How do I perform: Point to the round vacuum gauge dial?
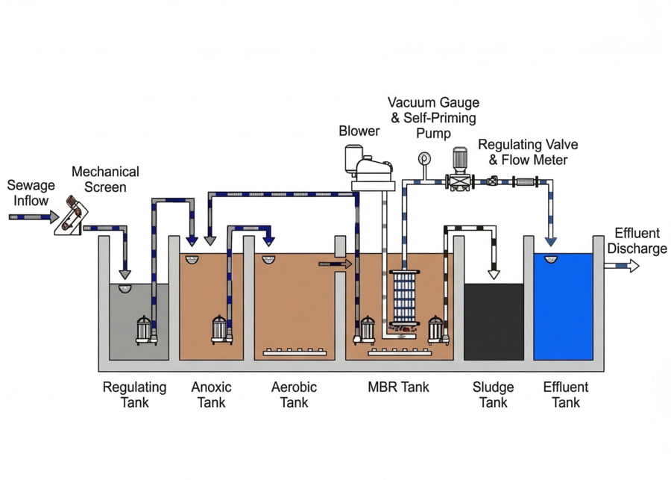click(425, 158)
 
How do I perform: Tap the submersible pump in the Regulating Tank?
click(144, 329)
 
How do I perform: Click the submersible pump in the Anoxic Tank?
click(218, 329)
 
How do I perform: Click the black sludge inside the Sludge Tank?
click(494, 321)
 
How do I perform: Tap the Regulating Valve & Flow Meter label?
click(528, 152)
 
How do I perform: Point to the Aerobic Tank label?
click(294, 395)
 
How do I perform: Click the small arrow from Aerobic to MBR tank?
click(327, 264)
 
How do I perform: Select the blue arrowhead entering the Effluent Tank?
click(550, 240)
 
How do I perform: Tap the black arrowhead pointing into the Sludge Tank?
click(494, 274)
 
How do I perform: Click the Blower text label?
click(359, 131)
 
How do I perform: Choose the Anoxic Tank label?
click(211, 395)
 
